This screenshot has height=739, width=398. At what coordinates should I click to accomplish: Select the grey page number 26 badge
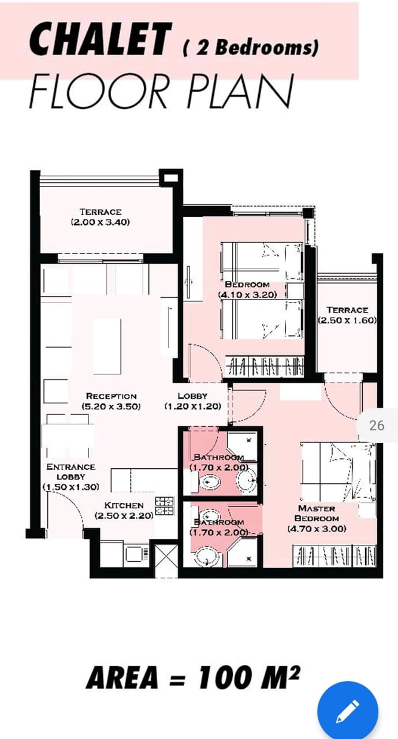[x=377, y=426]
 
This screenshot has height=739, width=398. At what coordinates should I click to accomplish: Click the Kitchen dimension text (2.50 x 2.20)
[x=124, y=516]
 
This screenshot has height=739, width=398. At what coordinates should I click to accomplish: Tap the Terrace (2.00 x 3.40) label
[x=101, y=217]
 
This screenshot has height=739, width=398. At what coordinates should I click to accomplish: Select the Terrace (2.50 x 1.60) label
[x=347, y=315]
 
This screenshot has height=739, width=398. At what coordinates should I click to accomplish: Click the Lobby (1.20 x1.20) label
[x=193, y=401]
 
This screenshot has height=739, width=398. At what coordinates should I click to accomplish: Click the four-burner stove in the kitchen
[x=165, y=506]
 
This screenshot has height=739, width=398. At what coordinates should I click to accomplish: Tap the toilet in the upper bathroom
[x=207, y=482]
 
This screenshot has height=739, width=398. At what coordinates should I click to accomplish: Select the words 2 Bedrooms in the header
[x=251, y=47]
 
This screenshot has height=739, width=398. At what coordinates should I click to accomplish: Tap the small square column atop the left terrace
[x=170, y=178]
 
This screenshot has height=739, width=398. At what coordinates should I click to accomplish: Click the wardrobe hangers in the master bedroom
[x=334, y=555]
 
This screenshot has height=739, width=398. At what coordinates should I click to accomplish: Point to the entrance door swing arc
[x=71, y=503]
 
